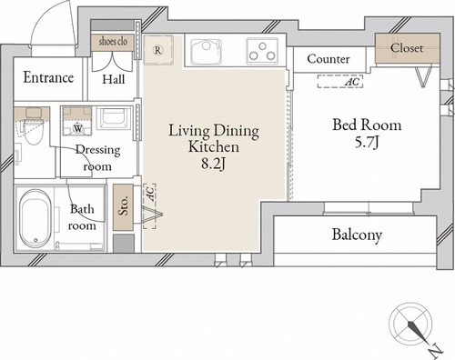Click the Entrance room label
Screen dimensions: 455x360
click(48, 77)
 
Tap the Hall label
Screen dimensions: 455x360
click(114, 79)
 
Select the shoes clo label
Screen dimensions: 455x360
click(113, 42)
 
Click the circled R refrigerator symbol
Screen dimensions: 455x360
click(157, 50)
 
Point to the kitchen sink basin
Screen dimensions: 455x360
click(206, 52)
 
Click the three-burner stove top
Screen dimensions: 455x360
click(262, 51)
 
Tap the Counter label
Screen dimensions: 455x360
click(329, 59)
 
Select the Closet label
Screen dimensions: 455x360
click(407, 48)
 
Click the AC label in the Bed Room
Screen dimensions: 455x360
click(353, 82)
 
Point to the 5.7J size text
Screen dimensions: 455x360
click(367, 143)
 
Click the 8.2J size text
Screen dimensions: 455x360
click(214, 165)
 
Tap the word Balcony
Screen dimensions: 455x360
click(357, 235)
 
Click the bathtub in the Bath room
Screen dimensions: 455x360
click(35, 219)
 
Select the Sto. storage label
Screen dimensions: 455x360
click(123, 206)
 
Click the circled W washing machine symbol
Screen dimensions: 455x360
click(78, 129)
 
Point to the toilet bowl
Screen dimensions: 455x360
click(34, 132)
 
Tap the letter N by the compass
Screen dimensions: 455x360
click(436, 350)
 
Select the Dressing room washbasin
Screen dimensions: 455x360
click(113, 118)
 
